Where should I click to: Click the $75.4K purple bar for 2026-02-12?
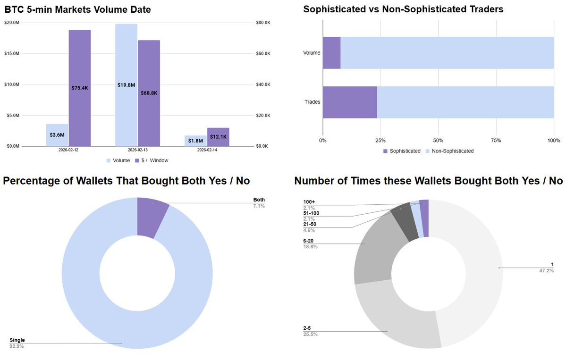(80, 88)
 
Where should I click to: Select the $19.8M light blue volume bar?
(126, 85)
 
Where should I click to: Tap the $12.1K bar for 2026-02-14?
(218, 137)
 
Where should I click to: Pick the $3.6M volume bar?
(57, 135)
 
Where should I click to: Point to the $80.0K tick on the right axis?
(263, 23)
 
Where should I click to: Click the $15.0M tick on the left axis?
(13, 54)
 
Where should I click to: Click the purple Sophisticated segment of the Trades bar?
(349, 102)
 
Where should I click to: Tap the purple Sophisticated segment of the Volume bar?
(331, 53)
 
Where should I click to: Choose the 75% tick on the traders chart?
(496, 141)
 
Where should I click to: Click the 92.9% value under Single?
(17, 346)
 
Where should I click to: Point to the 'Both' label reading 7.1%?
(259, 203)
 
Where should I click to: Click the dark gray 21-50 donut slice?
(402, 221)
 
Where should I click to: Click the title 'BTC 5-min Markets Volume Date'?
(71, 9)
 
